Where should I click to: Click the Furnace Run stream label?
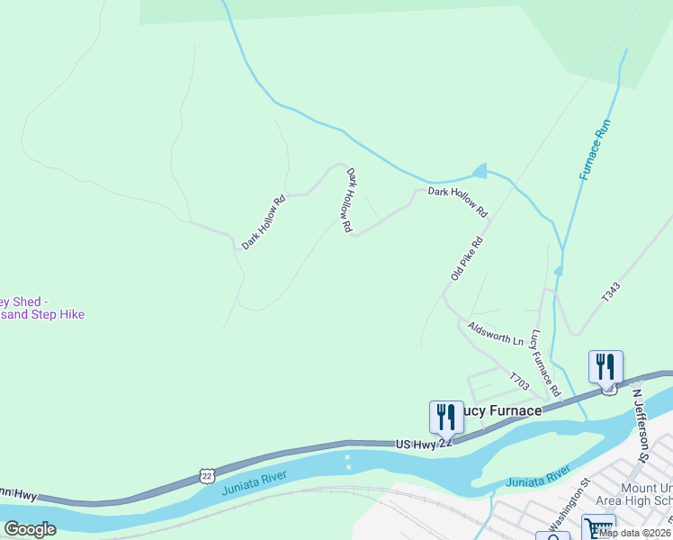click(x=596, y=149)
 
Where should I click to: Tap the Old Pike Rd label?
click(x=468, y=258)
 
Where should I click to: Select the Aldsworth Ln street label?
click(x=495, y=333)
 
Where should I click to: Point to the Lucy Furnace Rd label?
click(x=546, y=364)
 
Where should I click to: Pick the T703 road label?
click(x=518, y=382)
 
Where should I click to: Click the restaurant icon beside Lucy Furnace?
click(x=446, y=417)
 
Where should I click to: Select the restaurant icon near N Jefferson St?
click(x=606, y=367)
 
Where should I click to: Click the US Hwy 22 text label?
click(x=422, y=444)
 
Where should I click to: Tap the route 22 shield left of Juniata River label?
click(x=207, y=474)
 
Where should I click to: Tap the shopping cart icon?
click(x=598, y=527)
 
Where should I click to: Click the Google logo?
click(x=30, y=528)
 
